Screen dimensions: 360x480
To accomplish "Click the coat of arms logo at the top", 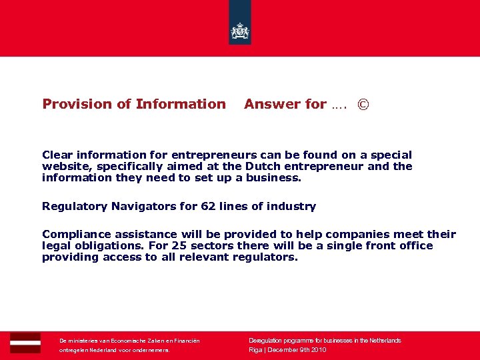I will pos(240,31).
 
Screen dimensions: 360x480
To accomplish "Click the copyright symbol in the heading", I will pos(363,105).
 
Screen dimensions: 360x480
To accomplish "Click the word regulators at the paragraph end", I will pos(264,257).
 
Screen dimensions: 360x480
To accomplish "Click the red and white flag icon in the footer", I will pos(25,343).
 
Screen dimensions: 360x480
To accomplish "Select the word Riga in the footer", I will pos(255,349).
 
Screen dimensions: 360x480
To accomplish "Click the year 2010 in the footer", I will pos(317,349).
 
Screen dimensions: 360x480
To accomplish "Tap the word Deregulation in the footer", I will pos(266,340).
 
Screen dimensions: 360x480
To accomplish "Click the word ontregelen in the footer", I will pos(73,349).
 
